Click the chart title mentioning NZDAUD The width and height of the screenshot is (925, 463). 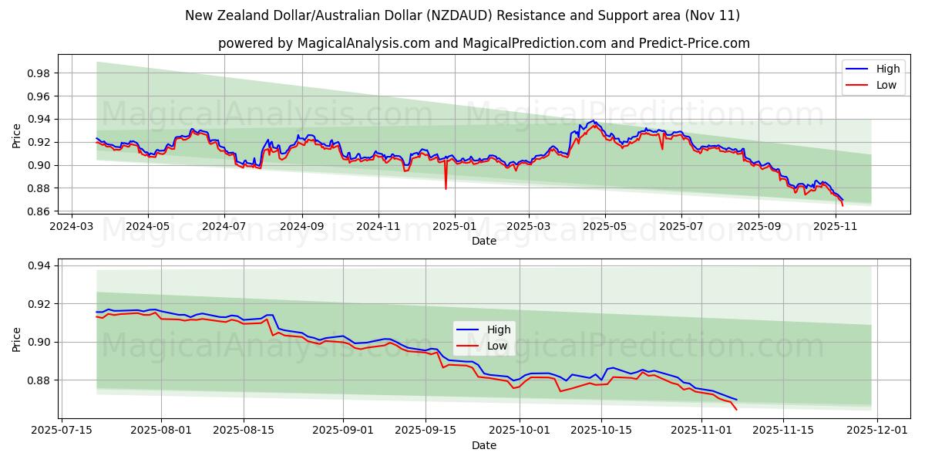coord(462,15)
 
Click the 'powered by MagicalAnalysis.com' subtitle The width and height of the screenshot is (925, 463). coord(483,43)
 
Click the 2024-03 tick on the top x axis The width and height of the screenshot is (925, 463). coord(72,226)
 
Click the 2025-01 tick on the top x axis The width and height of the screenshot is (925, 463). coord(454,226)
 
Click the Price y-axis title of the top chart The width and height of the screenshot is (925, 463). coord(17,136)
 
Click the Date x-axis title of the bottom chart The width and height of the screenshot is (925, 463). coord(483,445)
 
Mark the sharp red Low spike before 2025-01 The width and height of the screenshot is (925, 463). coord(446,188)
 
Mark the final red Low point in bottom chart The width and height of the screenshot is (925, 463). coord(735,409)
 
